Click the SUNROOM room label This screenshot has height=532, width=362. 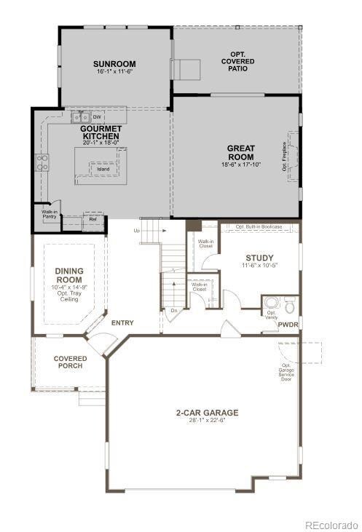[x=115, y=64]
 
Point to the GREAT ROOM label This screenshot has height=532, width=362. [x=240, y=153]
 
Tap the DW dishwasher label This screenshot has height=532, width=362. [x=96, y=116]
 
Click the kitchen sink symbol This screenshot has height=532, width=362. [x=80, y=116]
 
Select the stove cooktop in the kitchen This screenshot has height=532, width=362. [x=42, y=162]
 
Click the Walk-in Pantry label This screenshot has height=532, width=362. [x=49, y=215]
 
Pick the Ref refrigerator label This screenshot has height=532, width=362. [x=93, y=219]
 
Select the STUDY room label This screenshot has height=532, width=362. [x=259, y=258]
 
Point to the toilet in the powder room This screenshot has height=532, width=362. [x=288, y=303]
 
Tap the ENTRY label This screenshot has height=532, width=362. [x=122, y=322]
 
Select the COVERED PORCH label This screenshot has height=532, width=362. [x=70, y=362]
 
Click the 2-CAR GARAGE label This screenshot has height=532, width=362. [x=206, y=413]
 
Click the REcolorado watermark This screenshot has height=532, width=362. [x=331, y=524]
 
